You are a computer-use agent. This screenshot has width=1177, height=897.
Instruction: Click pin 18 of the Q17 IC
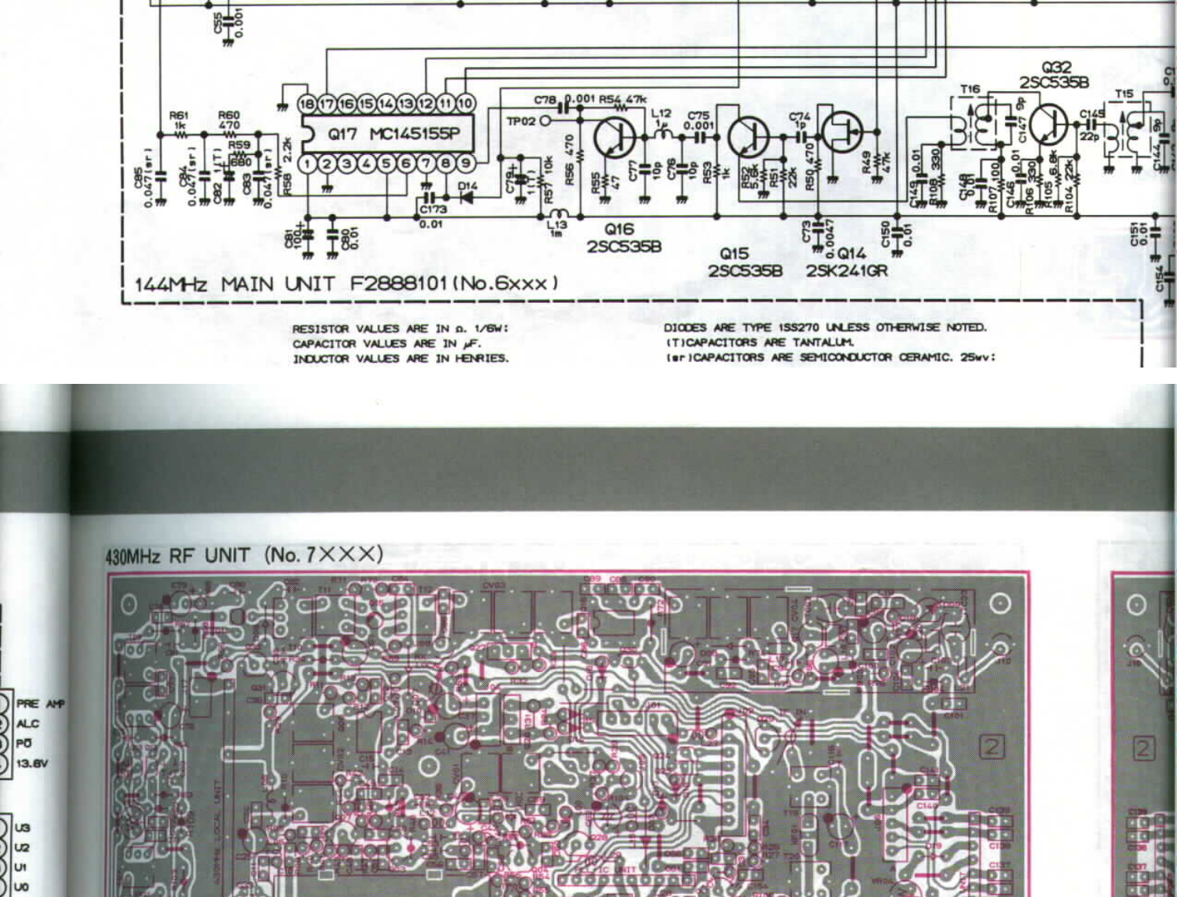coord(307,104)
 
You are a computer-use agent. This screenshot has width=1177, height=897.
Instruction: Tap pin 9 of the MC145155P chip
coord(466,164)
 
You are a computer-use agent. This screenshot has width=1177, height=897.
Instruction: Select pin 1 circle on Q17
coord(308,164)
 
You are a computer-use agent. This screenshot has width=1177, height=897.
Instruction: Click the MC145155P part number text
coord(414,133)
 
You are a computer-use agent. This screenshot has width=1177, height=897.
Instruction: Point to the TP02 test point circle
coord(545,121)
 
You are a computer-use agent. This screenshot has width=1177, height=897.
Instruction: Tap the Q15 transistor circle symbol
coord(748,137)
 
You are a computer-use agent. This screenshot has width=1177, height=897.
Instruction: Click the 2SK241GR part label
coord(846,271)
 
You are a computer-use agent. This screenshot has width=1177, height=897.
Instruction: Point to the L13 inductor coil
coord(557,214)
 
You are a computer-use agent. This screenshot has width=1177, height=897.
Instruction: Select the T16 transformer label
coord(970,90)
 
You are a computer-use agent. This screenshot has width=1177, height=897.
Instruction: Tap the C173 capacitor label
coord(434,209)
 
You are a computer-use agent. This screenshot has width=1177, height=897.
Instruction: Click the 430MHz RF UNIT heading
coord(177,555)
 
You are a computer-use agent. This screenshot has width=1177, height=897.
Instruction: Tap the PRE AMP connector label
coord(40,704)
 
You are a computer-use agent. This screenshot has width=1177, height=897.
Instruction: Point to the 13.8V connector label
coord(32,764)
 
